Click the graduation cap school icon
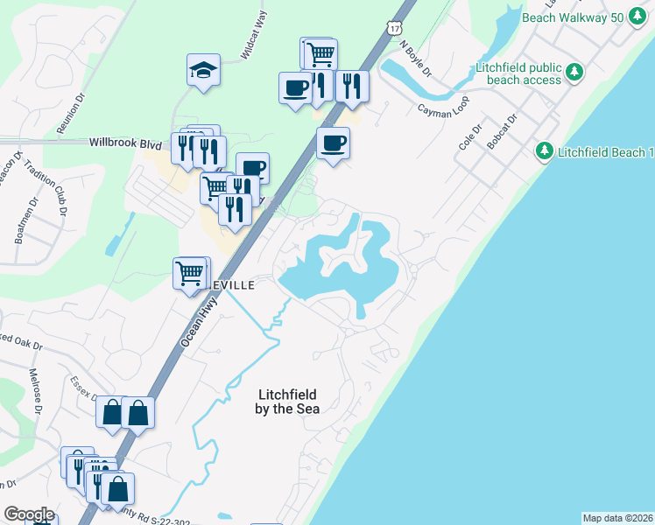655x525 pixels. [x=203, y=69]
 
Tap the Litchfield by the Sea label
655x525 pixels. [x=286, y=402]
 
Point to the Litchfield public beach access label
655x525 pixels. [x=518, y=73]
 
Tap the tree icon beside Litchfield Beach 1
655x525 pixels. [x=544, y=151]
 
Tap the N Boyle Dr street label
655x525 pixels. [x=416, y=57]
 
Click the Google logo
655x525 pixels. [x=29, y=514]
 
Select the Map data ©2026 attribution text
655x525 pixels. [x=617, y=518]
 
